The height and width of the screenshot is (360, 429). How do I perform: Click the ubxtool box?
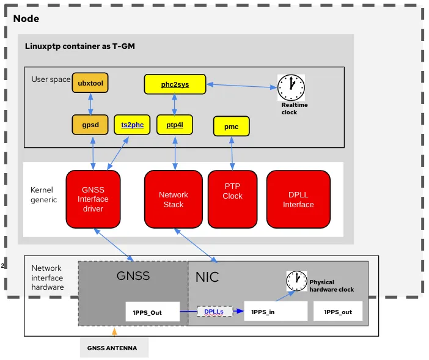90,83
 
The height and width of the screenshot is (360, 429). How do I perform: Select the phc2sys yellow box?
175,84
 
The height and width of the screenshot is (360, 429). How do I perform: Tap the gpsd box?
90,125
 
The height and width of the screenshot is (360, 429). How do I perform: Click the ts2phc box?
132,125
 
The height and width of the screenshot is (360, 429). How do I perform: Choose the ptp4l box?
175,125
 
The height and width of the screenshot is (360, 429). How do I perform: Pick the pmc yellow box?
232,127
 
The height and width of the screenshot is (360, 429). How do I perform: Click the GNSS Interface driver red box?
93,199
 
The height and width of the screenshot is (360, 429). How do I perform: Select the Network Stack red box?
173,199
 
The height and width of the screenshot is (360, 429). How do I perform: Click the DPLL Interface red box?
298,199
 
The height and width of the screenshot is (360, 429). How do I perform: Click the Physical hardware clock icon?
297,281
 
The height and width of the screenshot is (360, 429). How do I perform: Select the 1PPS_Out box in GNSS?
152,312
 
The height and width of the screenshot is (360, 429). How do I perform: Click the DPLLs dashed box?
214,311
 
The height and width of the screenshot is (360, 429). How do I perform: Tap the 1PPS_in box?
275,312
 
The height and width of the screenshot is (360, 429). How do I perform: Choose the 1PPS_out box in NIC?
337,312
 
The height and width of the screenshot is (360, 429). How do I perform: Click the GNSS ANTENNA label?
114,348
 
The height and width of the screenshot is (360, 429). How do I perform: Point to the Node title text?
26,18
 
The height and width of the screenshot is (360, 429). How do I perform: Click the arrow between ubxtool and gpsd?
90,104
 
